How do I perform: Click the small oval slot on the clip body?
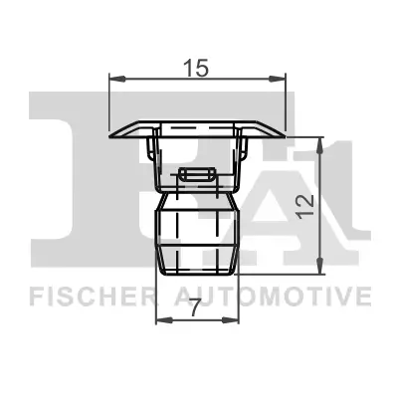[x=198, y=175]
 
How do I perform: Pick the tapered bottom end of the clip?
[x=198, y=267]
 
